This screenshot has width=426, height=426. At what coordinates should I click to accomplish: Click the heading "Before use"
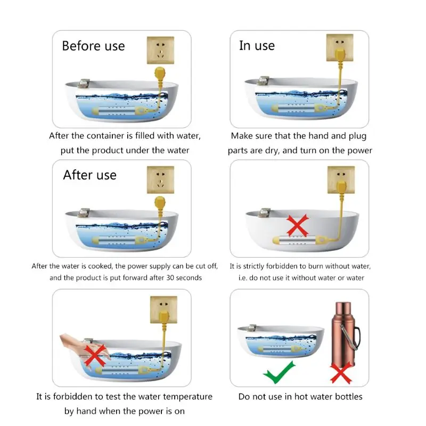coord(93,46)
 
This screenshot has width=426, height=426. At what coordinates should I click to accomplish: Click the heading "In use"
coord(257,45)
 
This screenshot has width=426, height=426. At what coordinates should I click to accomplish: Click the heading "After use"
coord(89,175)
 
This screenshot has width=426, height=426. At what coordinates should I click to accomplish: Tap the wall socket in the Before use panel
coord(161,50)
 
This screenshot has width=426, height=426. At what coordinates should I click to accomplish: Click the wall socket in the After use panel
coord(161,179)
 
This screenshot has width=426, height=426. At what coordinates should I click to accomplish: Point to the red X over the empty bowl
coord(298,225)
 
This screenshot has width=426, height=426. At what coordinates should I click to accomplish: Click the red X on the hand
coord(95,355)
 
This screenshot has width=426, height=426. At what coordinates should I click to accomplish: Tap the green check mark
coord(279,372)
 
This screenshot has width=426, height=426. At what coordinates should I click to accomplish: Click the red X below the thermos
coord(341,374)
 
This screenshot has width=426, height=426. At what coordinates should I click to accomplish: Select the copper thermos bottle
coord(345,335)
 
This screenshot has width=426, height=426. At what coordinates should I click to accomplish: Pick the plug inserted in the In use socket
coord(340,54)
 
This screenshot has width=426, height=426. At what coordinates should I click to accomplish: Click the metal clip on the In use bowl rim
coord(263,80)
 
